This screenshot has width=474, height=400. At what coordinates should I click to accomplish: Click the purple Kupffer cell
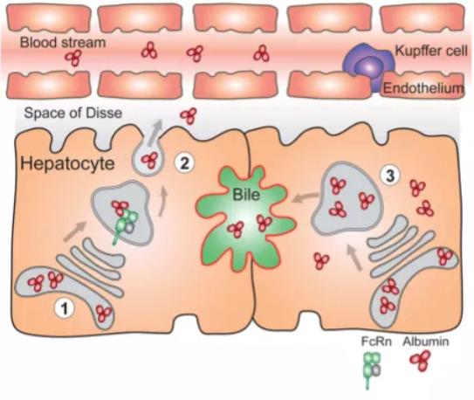click(368, 65)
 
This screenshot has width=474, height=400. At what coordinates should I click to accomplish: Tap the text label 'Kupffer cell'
click(431, 51)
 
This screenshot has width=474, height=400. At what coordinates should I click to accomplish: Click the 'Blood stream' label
click(63, 42)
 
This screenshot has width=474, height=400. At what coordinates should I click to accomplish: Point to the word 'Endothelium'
click(423, 88)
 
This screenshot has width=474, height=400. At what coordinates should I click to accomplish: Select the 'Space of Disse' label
click(73, 113)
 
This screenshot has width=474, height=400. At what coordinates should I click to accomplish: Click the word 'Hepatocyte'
click(68, 163)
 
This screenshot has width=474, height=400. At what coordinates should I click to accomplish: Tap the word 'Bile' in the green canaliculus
click(246, 195)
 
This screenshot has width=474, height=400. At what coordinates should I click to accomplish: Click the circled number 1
click(65, 309)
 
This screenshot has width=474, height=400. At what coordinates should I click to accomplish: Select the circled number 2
click(185, 163)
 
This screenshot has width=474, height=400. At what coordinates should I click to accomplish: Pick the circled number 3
click(390, 176)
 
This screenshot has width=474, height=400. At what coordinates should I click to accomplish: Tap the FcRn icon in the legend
click(371, 369)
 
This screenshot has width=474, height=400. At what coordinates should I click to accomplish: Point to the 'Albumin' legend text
click(426, 341)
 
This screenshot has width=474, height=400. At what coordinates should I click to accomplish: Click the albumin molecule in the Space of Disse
click(189, 116)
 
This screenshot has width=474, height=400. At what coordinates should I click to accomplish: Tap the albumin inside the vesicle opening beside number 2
click(149, 160)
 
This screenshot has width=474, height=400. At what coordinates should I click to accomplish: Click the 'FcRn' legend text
click(376, 341)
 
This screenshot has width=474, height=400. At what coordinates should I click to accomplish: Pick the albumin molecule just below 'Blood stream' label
click(73, 58)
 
